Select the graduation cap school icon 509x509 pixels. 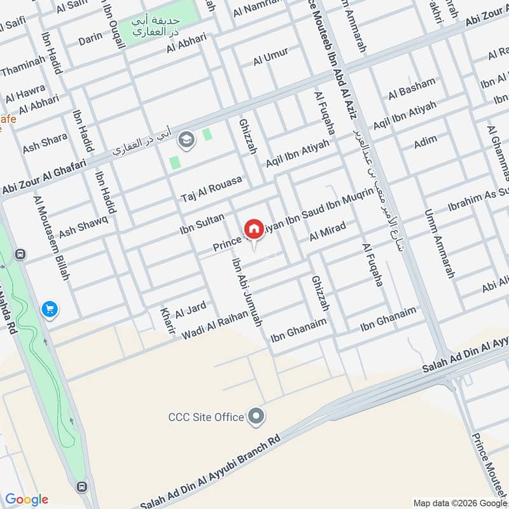[x=186, y=139]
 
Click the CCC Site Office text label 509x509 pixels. [x=206, y=417]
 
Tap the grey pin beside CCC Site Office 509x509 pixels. [x=256, y=417]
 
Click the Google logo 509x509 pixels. [x=27, y=499]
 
